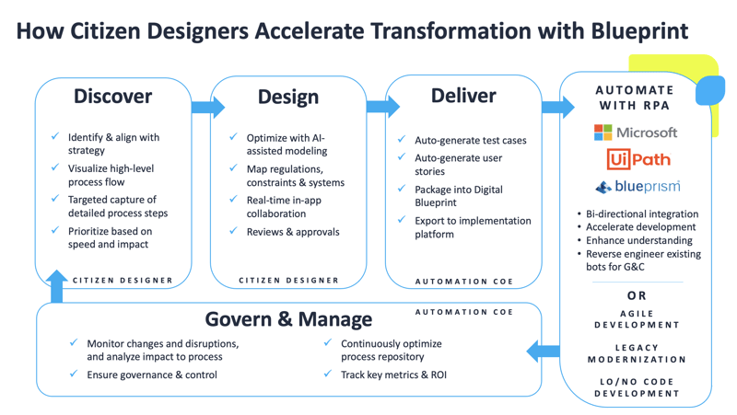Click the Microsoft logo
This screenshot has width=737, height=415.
(636, 133)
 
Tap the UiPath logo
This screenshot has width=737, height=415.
(638, 159)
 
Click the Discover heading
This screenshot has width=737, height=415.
(112, 96)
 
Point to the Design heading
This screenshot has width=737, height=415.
(288, 97)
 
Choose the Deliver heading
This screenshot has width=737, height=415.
(463, 96)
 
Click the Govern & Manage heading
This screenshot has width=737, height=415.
(288, 319)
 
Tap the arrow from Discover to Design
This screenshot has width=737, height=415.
(207, 107)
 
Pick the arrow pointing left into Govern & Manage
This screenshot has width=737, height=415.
(544, 351)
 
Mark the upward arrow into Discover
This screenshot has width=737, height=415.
(57, 285)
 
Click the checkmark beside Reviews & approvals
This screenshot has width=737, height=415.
(234, 231)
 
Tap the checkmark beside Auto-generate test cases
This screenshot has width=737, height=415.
(402, 140)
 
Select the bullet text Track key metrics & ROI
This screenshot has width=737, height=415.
(393, 375)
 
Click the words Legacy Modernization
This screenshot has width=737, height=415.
(638, 353)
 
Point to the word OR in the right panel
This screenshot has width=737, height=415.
(638, 296)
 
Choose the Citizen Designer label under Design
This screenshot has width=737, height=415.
(288, 280)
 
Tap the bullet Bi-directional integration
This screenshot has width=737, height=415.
(639, 213)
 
